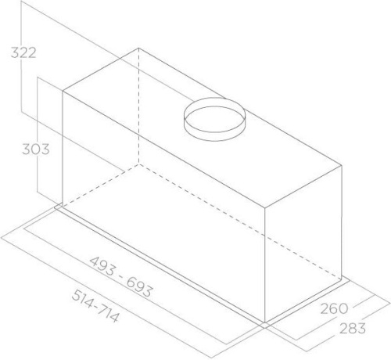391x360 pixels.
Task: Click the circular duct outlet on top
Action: pyautogui.click(x=215, y=112)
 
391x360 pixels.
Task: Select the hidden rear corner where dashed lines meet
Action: pyautogui.click(x=138, y=166)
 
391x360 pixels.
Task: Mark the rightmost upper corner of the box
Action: pyautogui.click(x=342, y=165)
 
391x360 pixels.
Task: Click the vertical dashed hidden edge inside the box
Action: pyautogui.click(x=138, y=110)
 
